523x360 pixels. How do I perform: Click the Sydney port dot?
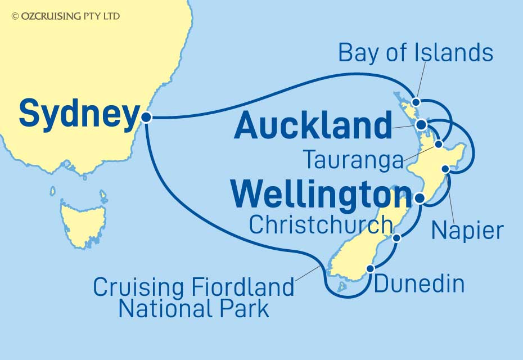pos(146,118)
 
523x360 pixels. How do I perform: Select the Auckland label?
pos(313,126)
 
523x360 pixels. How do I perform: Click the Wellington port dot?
pos(420,198)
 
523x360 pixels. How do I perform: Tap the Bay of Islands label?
pos(416,53)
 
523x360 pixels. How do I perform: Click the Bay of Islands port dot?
pos(416,102)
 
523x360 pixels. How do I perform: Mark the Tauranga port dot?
pos(439,146)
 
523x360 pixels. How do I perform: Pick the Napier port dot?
pos(445,169)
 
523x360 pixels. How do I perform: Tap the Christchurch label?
pos(321,225)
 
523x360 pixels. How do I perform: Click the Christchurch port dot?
pos(396,238)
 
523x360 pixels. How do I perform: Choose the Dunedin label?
pos(419,284)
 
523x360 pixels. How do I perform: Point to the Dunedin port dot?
pos(370,269)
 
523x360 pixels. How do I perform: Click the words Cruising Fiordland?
pos(193,287)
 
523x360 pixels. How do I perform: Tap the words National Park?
pos(193,309)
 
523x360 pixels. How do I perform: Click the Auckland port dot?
pos(421,124)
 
